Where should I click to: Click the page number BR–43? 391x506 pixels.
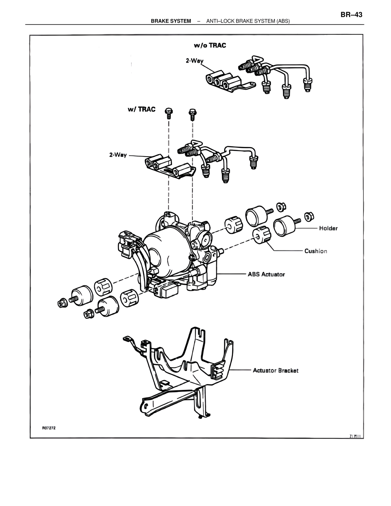(351, 15)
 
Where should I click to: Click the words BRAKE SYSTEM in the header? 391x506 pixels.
(171, 21)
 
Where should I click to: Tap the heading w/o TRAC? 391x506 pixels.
(210, 46)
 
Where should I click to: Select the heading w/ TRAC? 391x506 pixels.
(141, 109)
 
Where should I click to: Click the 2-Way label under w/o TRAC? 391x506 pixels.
(195, 61)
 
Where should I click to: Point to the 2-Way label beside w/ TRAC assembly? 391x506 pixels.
(118, 155)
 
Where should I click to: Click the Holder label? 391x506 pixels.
(328, 228)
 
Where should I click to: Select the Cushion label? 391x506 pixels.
(316, 251)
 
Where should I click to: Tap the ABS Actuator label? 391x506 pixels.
(266, 274)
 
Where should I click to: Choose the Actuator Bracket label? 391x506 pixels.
(276, 370)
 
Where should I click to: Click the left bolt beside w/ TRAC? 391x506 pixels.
(168, 113)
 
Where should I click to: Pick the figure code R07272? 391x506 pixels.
(49, 428)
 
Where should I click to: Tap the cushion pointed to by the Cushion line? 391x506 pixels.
(262, 235)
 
